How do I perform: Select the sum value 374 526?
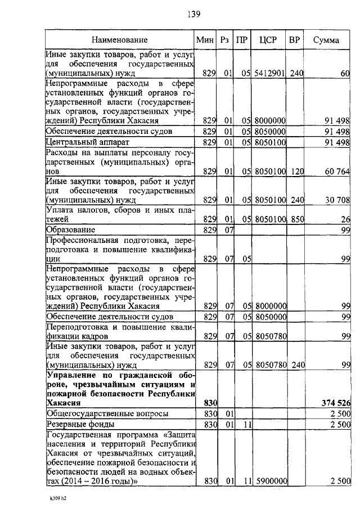coord(336,403)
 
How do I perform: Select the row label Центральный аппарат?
coord(87,142)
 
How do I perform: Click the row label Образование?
coord(70,230)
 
